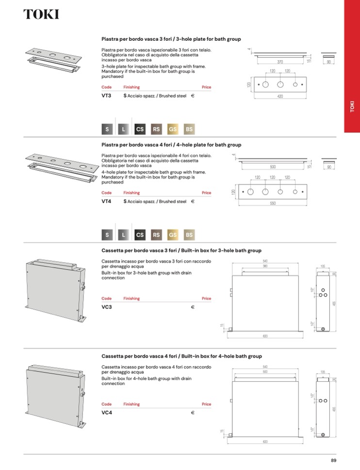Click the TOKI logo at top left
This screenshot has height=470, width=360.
click(41, 15)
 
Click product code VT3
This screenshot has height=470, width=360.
click(106, 96)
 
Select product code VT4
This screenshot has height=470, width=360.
click(106, 201)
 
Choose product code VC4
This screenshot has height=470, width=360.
click(106, 413)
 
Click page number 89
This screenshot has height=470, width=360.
click(333, 461)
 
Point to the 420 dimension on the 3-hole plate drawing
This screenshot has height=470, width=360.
click(280, 97)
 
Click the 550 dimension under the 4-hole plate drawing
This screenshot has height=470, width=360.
click(273, 203)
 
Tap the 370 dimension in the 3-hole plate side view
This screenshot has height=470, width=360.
click(280, 62)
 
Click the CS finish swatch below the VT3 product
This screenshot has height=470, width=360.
click(140, 129)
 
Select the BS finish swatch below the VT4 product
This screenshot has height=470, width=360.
click(189, 235)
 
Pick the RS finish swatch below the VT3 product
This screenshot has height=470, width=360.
click(156, 129)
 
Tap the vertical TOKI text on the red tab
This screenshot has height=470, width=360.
click(352, 106)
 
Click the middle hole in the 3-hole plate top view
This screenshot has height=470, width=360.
click(280, 84)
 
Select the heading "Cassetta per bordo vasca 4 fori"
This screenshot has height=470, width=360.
click(140, 356)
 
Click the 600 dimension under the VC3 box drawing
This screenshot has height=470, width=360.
click(265, 336)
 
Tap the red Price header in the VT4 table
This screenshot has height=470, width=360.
click(206, 193)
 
